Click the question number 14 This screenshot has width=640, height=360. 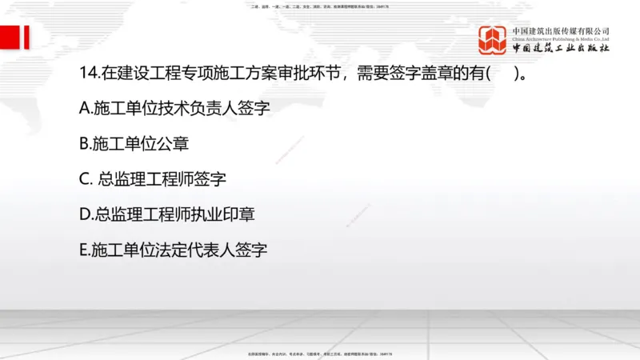(90, 74)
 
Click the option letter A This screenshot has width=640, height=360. (86, 109)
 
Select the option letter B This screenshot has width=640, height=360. (85, 144)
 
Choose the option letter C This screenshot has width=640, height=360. (86, 179)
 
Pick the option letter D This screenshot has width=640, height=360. (86, 214)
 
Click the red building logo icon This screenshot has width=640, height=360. (493, 40)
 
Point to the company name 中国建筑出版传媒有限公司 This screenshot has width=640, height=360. (561, 30)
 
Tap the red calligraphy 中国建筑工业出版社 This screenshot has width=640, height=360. (561, 48)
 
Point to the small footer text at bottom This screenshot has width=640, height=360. (320, 354)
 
